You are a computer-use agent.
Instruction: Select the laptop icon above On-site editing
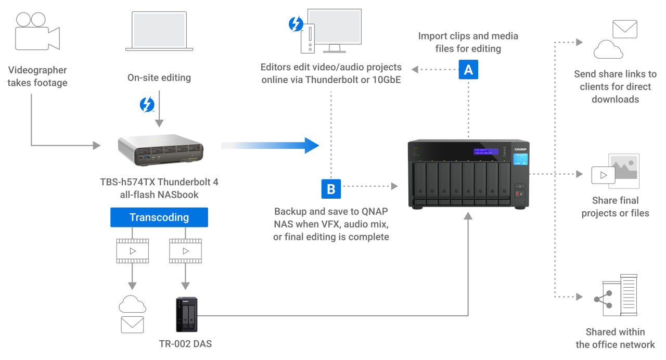pyautogui.click(x=160, y=31)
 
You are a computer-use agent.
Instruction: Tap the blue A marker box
pyautogui.click(x=468, y=70)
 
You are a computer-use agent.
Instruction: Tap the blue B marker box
pyautogui.click(x=331, y=189)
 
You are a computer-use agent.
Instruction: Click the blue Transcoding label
pyautogui.click(x=159, y=217)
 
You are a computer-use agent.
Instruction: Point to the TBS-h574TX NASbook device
pyautogui.click(x=160, y=150)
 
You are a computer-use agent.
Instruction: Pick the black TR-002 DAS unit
pyautogui.click(x=186, y=314)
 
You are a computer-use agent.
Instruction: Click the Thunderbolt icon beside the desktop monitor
pyautogui.click(x=296, y=24)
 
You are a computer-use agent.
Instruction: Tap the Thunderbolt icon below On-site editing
pyautogui.click(x=147, y=105)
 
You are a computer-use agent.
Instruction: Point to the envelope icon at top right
pyautogui.click(x=625, y=29)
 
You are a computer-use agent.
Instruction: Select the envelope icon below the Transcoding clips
pyautogui.click(x=132, y=325)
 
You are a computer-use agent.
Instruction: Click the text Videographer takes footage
pyautogui.click(x=37, y=76)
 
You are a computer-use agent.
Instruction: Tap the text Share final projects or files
pyautogui.click(x=616, y=207)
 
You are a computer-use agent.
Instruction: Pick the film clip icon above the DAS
pyautogui.click(x=185, y=250)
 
